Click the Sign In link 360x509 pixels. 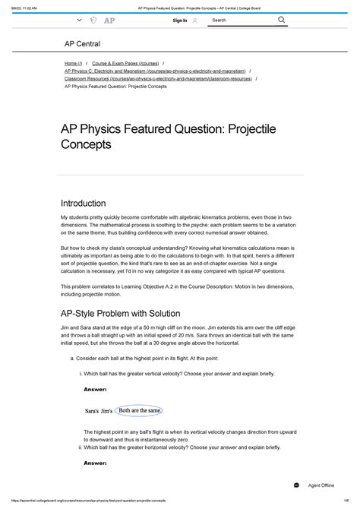pos(180,21)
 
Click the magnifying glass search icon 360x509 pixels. pos(281,21)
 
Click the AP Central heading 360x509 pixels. pos(82,45)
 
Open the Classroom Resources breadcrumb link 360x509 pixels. pos(158,78)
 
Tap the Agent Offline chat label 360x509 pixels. pos(321,485)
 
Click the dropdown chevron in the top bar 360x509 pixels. pos(79,21)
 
